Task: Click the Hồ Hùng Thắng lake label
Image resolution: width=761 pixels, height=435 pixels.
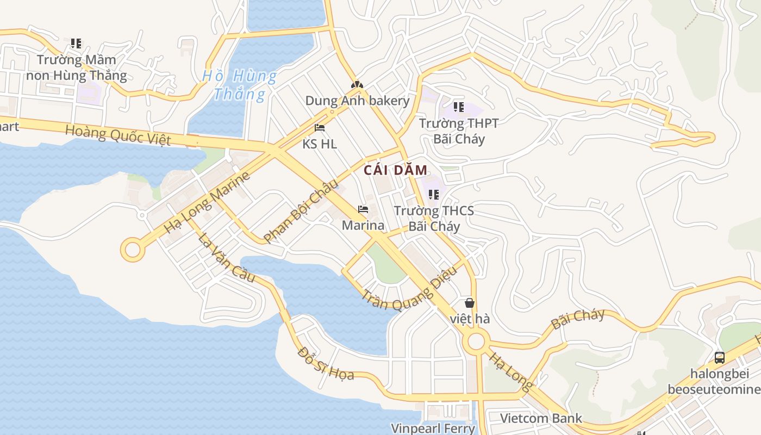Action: point(239,85)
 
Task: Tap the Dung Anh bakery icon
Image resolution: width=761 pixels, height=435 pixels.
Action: point(357,85)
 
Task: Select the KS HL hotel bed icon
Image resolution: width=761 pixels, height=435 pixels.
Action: point(320,128)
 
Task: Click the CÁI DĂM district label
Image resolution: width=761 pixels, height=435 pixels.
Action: point(396,170)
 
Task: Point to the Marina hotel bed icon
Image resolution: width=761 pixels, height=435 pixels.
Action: point(363,209)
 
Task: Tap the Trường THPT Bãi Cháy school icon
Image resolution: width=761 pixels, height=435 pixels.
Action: point(458,107)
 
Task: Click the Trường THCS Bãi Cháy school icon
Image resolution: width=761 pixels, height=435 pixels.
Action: point(433,194)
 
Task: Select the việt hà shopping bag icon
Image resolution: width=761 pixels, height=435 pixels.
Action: point(470,303)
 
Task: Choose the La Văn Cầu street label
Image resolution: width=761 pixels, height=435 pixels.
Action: point(226,258)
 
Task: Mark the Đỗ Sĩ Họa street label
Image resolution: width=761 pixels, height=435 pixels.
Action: point(326,364)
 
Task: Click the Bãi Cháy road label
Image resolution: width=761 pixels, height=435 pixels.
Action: point(578,319)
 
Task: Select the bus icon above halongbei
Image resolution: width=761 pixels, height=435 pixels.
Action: point(720,357)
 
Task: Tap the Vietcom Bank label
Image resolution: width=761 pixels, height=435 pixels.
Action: point(541,418)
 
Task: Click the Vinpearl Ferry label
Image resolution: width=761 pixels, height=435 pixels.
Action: point(433,428)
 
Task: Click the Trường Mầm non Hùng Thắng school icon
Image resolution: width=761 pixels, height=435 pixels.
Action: point(76,43)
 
